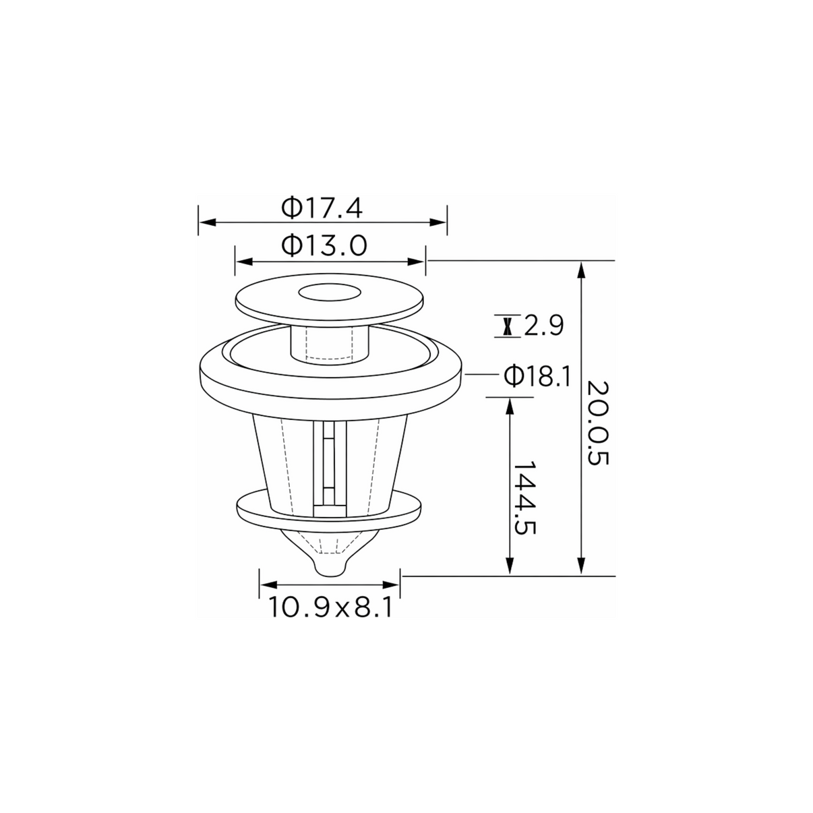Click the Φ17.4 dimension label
tap(322, 208)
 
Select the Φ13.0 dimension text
tap(324, 246)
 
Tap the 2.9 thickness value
tap(543, 326)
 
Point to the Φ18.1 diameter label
tap(537, 376)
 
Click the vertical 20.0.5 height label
tap(598, 423)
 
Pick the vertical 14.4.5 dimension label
tap(524, 498)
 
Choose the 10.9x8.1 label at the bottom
tap(330, 607)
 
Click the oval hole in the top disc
tap(329, 293)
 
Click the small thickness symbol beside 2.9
tap(508, 326)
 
